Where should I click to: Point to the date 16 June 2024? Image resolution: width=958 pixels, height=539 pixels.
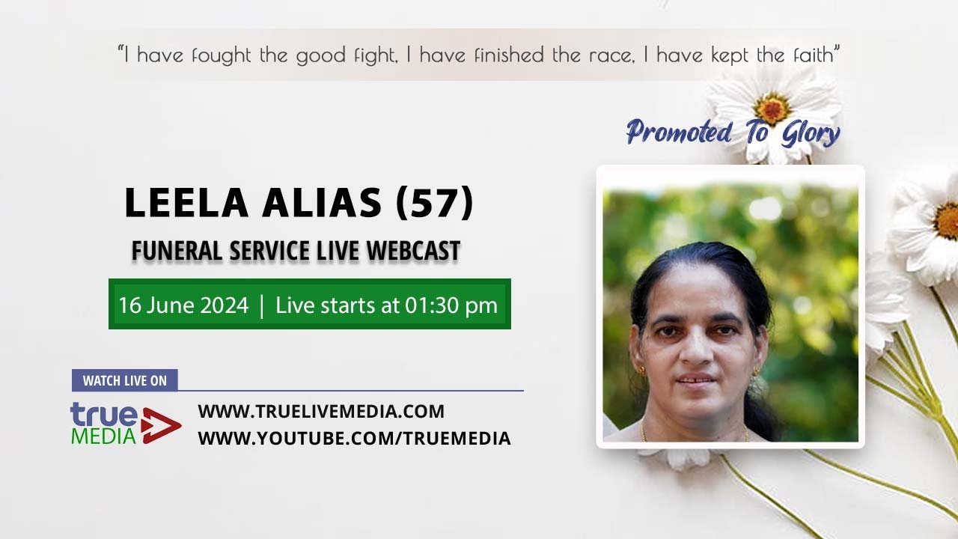click(x=183, y=305)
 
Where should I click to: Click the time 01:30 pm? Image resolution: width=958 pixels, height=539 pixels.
click(x=451, y=305)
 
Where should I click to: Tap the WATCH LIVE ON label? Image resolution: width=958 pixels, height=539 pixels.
click(x=124, y=380)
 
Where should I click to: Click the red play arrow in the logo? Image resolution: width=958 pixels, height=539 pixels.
click(x=160, y=426)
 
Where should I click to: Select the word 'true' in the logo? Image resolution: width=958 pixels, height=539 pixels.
click(x=104, y=415)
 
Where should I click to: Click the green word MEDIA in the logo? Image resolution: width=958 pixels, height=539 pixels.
click(x=103, y=436)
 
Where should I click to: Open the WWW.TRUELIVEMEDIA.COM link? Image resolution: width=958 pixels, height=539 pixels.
click(x=321, y=411)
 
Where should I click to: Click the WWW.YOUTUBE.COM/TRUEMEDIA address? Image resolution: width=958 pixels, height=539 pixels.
click(x=354, y=438)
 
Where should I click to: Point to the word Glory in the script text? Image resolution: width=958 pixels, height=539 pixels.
click(x=811, y=133)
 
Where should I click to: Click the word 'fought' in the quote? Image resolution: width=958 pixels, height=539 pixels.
click(x=222, y=55)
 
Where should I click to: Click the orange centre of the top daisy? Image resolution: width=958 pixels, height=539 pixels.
click(x=773, y=108)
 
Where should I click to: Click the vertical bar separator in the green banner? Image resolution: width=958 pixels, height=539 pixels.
click(x=262, y=305)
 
